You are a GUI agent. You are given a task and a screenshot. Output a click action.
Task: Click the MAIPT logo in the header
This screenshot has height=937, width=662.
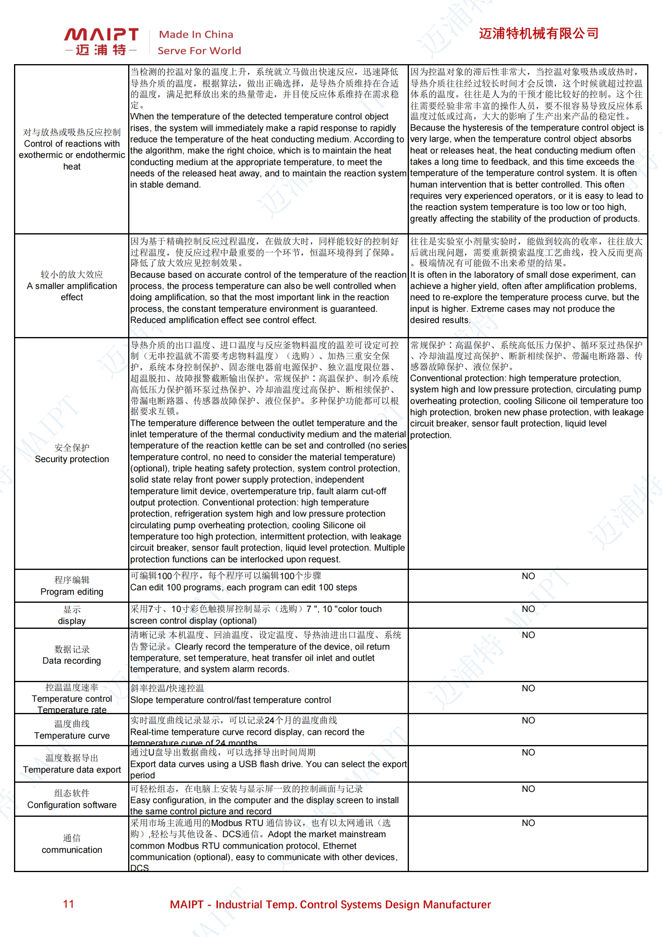[x=101, y=40]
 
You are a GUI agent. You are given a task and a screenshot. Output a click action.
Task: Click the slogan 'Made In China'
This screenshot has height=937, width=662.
[x=196, y=34]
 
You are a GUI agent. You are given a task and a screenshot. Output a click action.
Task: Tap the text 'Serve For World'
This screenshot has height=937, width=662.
[x=199, y=50]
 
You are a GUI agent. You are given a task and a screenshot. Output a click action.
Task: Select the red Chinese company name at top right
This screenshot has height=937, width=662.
[x=538, y=34]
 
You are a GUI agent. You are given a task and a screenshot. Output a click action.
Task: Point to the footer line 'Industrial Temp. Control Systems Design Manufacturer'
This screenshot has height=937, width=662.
[x=353, y=905]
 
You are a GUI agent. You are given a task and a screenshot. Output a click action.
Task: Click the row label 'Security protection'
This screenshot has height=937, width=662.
[x=72, y=459]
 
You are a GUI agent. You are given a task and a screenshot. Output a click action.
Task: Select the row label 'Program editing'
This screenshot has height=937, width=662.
[x=72, y=592]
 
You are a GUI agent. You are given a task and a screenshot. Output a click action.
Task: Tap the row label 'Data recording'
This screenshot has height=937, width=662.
[x=72, y=661]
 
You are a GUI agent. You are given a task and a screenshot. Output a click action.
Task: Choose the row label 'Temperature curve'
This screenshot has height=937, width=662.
[x=72, y=735]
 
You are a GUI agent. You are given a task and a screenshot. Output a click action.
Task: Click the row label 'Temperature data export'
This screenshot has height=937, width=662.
[x=72, y=769]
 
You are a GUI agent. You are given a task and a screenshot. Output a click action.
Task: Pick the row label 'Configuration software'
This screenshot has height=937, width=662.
[x=72, y=805]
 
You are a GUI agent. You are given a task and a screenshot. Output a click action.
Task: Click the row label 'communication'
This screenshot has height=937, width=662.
[x=72, y=850]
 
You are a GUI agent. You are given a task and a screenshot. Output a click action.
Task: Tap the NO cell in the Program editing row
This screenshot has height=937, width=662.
[x=528, y=576]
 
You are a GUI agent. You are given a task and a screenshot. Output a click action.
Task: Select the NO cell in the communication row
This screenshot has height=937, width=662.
[x=528, y=823]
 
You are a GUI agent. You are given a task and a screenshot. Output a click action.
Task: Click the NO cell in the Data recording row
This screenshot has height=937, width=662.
[x=528, y=635]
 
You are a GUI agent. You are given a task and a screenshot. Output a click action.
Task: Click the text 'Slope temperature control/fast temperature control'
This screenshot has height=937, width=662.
[x=230, y=700]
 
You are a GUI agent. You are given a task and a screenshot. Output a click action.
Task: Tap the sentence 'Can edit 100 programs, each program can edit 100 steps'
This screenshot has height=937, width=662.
[x=243, y=587]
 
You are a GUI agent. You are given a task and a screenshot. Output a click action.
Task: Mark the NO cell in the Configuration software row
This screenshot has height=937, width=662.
[x=528, y=789]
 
